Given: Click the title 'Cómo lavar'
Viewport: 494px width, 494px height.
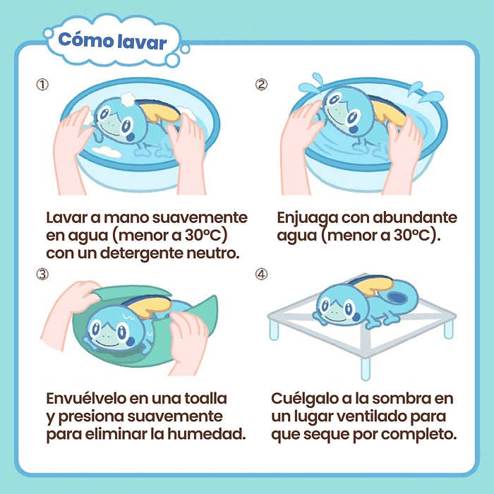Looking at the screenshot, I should click(x=113, y=40).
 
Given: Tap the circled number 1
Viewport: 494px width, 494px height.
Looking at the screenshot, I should click(x=43, y=85).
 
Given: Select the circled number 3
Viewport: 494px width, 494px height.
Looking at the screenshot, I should click(x=43, y=275).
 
